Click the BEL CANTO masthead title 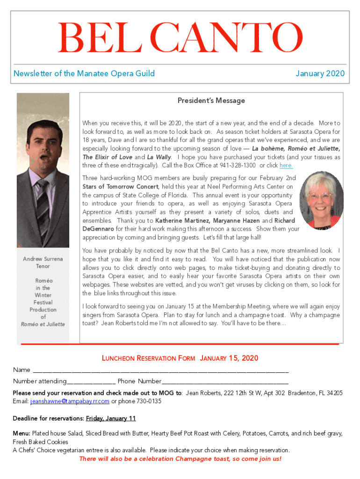coord(180,38)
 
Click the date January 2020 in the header coord(320,73)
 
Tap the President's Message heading coord(211,101)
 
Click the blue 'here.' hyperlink coord(286,166)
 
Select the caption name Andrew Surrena coord(43,259)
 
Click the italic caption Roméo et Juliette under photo coord(43,324)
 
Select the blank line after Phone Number coord(225,381)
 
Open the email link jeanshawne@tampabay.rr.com coord(70,401)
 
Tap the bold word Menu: coord(22,434)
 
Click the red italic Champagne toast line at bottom coord(180,459)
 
